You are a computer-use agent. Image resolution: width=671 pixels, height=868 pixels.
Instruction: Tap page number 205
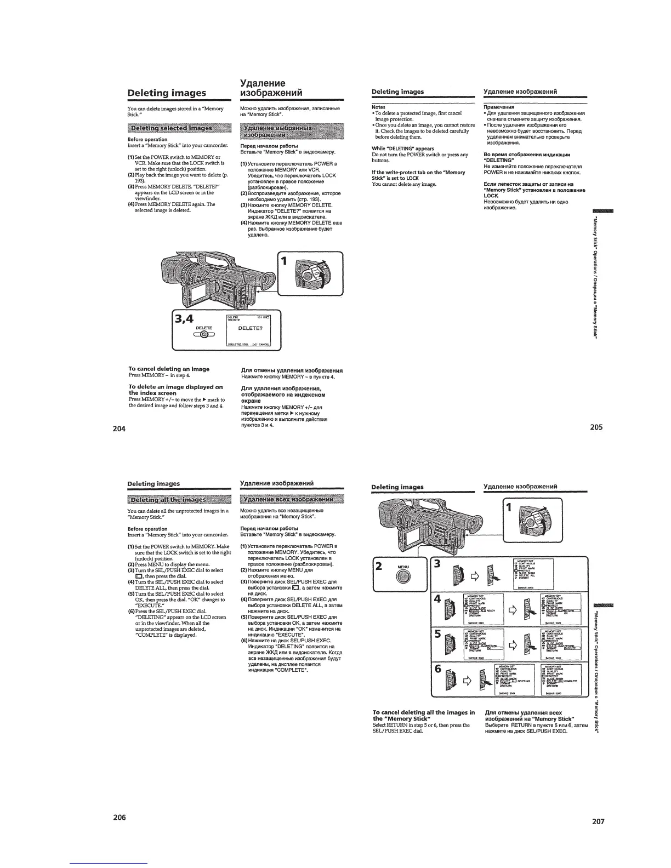(x=596, y=427)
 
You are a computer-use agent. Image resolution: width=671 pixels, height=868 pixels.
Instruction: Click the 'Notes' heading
(x=378, y=107)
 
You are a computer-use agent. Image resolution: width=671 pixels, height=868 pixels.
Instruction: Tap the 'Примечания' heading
(x=498, y=107)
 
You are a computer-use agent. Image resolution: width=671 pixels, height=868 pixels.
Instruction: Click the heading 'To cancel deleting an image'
(x=169, y=369)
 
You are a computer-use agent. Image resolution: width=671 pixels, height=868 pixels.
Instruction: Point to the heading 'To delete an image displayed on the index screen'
(x=175, y=390)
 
